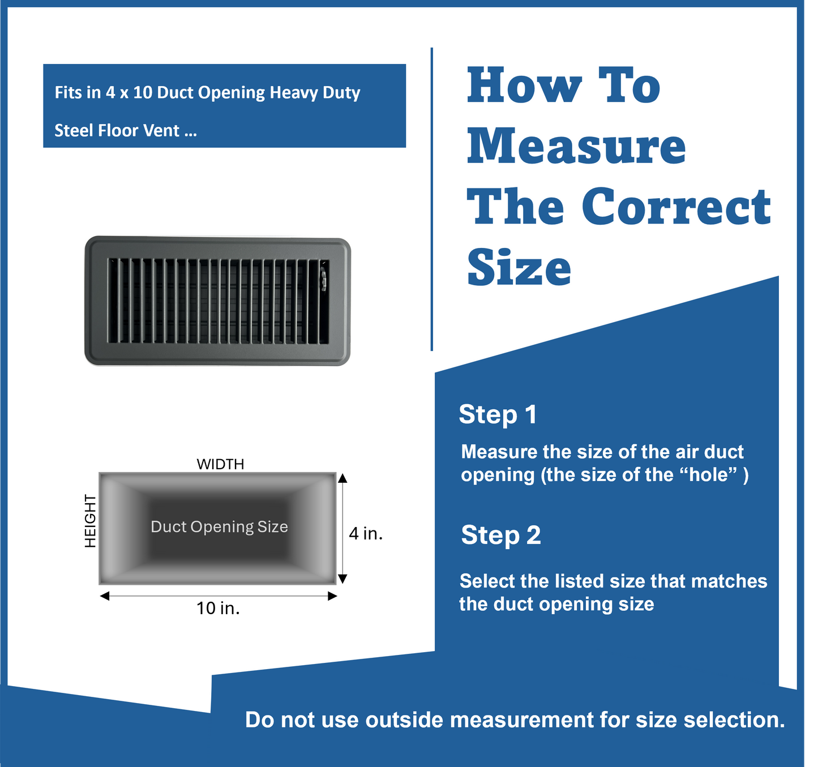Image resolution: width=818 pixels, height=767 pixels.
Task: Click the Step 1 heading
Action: (498, 414)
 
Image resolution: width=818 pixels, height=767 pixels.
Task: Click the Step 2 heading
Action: (501, 535)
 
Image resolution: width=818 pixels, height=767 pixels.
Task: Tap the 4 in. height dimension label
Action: (366, 533)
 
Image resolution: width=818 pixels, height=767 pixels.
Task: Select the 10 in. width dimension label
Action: (218, 609)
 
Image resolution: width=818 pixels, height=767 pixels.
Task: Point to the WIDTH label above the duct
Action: (220, 464)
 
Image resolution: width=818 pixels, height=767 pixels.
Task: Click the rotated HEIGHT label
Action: (90, 521)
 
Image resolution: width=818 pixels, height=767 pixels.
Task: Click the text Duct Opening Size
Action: (219, 527)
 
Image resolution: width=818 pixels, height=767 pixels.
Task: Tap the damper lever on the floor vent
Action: (324, 280)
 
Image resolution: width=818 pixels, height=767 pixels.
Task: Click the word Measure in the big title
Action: (576, 147)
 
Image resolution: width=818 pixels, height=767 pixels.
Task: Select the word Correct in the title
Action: (676, 207)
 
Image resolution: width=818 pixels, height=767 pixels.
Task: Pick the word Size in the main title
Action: (519, 268)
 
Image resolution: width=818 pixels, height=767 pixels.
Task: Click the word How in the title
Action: (524, 86)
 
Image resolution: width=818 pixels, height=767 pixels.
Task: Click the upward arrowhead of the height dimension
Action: (342, 478)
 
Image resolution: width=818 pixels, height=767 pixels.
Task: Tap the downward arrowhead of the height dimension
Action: (342, 579)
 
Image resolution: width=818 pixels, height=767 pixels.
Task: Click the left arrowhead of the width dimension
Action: (104, 596)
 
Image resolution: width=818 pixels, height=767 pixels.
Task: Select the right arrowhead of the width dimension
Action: (332, 596)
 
